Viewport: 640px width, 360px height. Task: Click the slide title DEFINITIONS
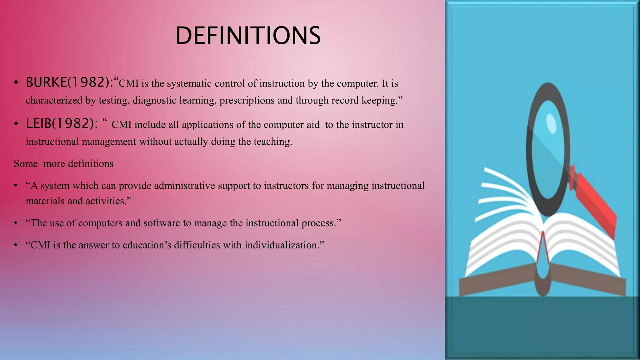pyautogui.click(x=248, y=36)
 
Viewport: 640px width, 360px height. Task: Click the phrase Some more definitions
pyautogui.click(x=64, y=163)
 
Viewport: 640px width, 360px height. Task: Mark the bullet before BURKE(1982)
pyautogui.click(x=16, y=83)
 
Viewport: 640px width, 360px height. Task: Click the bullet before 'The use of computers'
pyautogui.click(x=16, y=223)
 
